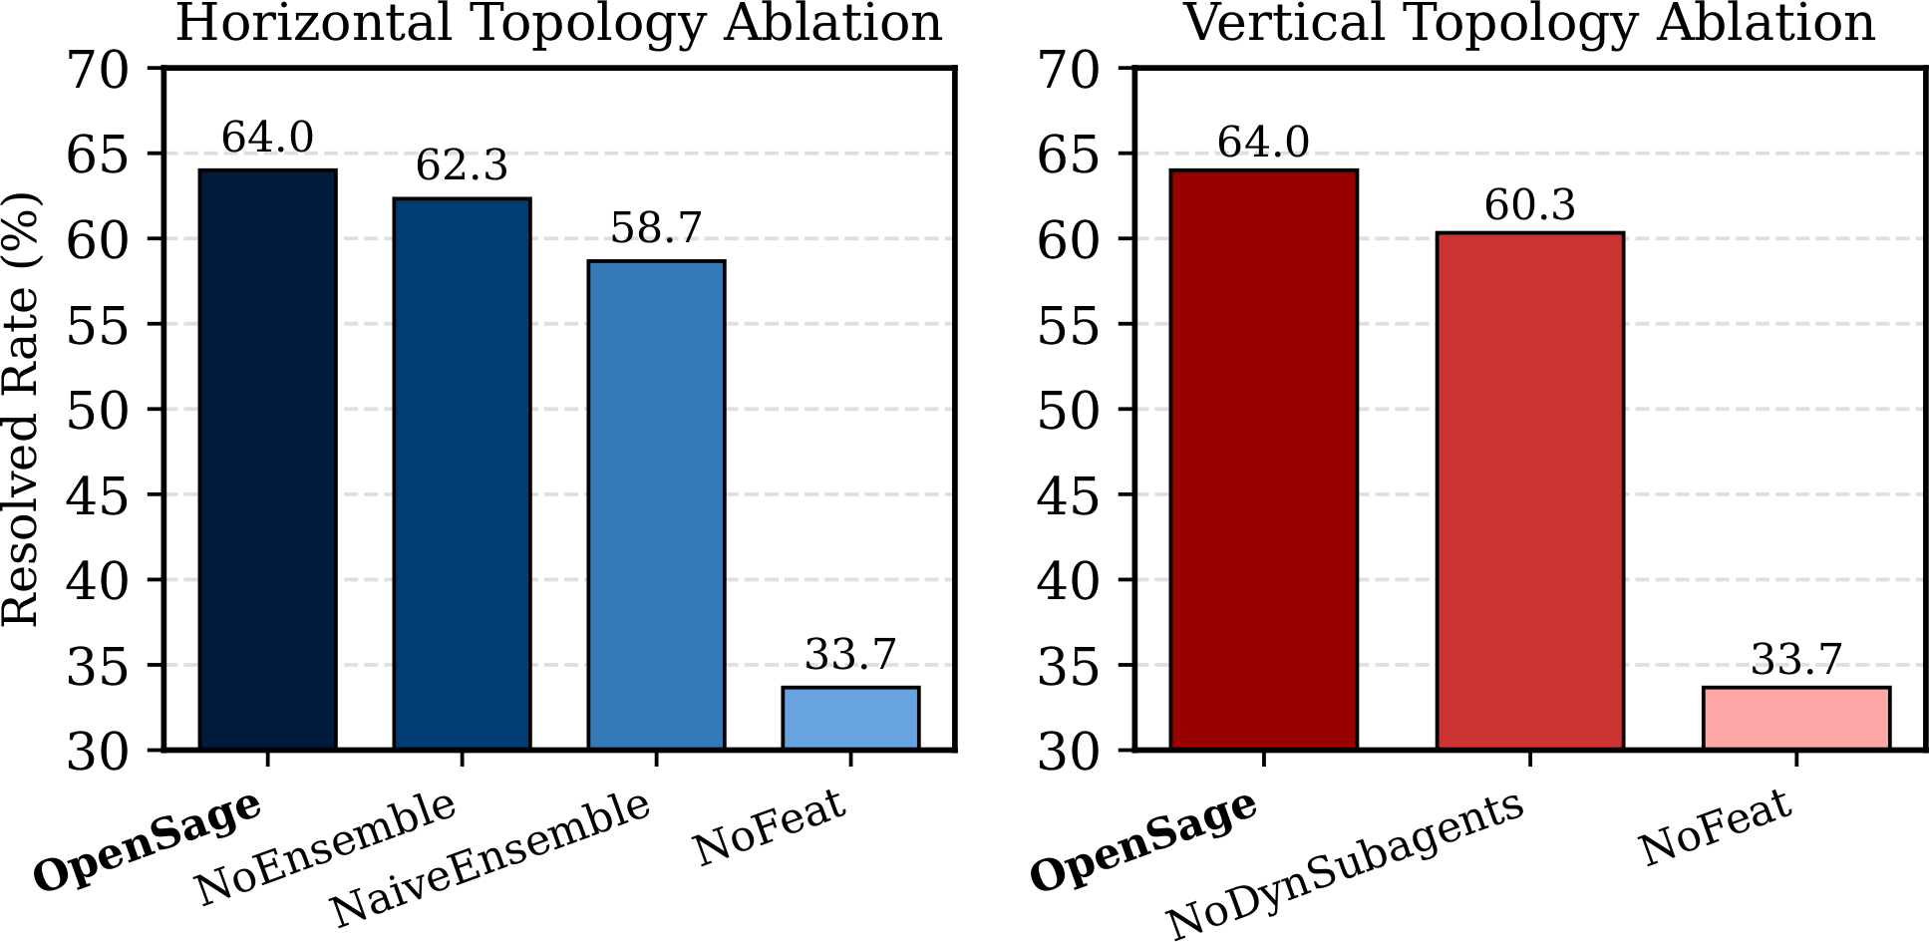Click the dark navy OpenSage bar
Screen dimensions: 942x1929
(x=267, y=459)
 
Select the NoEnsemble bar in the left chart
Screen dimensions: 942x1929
(x=462, y=473)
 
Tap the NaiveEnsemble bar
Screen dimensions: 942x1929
(x=656, y=503)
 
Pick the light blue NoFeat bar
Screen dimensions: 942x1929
(x=850, y=718)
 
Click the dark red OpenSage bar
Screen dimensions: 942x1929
(x=1263, y=459)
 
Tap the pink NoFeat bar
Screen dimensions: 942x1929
(x=1795, y=718)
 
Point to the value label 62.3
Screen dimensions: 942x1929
(x=462, y=165)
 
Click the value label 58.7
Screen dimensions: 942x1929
(x=656, y=228)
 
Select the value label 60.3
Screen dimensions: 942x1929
(x=1529, y=205)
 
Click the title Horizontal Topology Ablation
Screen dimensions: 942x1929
(x=558, y=24)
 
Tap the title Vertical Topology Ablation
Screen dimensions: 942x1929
(x=1529, y=24)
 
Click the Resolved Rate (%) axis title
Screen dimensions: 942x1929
(x=22, y=409)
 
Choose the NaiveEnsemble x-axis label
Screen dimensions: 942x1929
(x=490, y=859)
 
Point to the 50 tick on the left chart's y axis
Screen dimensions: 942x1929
(x=97, y=410)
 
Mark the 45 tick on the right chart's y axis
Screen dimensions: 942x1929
(x=1068, y=495)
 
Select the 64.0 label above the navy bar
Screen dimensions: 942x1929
(x=267, y=138)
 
